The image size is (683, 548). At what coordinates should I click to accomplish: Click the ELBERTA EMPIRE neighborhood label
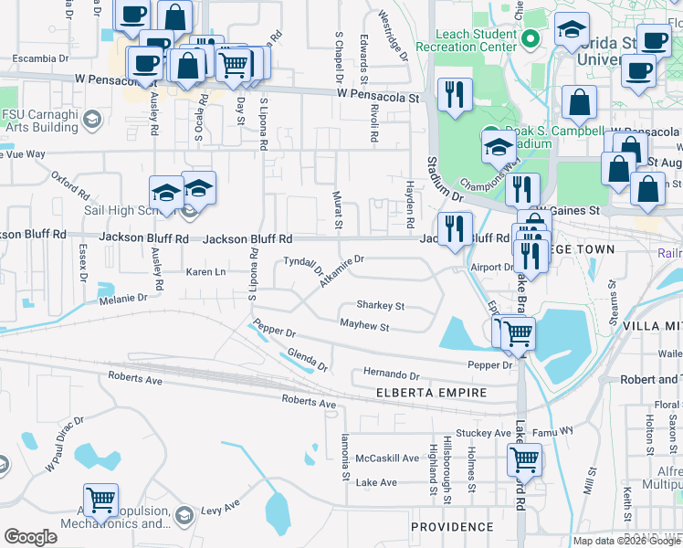(x=432, y=393)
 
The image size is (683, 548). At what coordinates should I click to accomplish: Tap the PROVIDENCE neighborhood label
(x=452, y=527)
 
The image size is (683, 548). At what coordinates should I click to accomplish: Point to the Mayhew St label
(x=364, y=326)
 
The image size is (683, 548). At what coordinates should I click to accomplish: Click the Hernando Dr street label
(x=390, y=375)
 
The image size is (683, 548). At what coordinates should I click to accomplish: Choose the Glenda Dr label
(x=307, y=360)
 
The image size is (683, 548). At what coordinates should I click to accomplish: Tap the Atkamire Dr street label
(x=341, y=270)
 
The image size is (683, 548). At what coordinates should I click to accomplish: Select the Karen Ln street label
(x=205, y=272)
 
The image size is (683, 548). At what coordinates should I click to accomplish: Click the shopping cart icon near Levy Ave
(x=100, y=498)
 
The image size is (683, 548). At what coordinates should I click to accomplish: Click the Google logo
(x=30, y=537)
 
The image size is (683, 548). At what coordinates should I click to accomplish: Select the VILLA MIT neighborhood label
(x=652, y=325)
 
